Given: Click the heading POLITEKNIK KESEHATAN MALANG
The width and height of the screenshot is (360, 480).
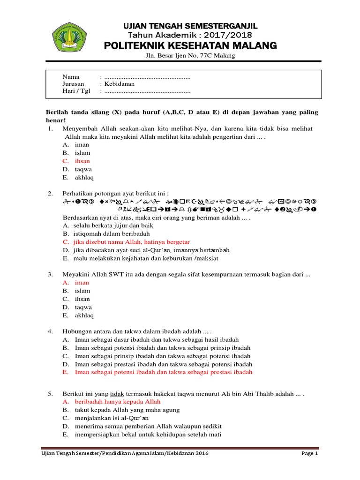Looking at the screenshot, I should (190, 45).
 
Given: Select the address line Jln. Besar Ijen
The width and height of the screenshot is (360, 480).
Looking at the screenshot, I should (190, 56).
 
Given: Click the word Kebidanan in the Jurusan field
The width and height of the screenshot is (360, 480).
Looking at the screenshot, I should (120, 84).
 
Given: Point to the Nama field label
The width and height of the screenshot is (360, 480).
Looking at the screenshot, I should (71, 76).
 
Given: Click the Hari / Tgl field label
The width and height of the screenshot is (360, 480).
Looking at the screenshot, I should (76, 91).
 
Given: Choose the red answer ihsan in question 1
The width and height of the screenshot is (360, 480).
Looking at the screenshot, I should (82, 161).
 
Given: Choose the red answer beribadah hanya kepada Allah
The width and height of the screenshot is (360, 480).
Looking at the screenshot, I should (117, 402).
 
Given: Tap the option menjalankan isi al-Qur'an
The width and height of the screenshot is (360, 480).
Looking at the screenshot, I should (112, 418).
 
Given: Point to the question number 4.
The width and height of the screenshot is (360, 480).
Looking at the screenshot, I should (50, 331).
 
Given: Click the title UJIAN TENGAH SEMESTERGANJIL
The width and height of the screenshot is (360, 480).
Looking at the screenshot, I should (190, 26).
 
